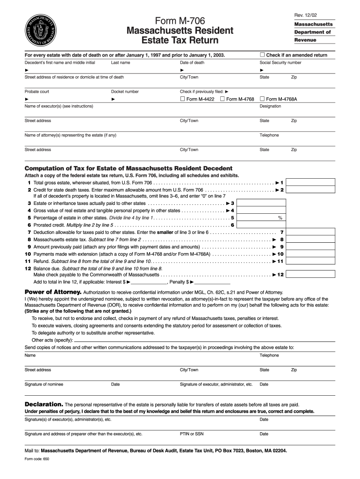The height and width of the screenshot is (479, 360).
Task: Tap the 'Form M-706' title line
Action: coord(180,21)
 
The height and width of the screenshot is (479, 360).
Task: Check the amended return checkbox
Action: coord(262,55)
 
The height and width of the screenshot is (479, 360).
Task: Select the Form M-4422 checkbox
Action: coord(182,99)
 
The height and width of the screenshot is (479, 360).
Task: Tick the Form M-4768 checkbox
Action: coord(223,99)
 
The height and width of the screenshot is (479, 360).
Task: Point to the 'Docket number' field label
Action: coord(125,92)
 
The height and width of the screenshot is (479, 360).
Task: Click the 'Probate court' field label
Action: coord(37,92)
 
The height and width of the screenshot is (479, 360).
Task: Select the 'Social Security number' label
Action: coord(281,62)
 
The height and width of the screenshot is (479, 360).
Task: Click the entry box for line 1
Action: coord(310,182)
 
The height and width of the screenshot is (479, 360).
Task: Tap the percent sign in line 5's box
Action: coord(280,218)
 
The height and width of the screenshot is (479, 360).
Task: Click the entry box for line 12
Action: coord(310,275)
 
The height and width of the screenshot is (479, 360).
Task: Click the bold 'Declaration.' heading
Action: coord(43,404)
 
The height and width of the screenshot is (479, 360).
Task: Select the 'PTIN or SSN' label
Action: coord(192,434)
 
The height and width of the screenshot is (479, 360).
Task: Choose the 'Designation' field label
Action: coord(270,106)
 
